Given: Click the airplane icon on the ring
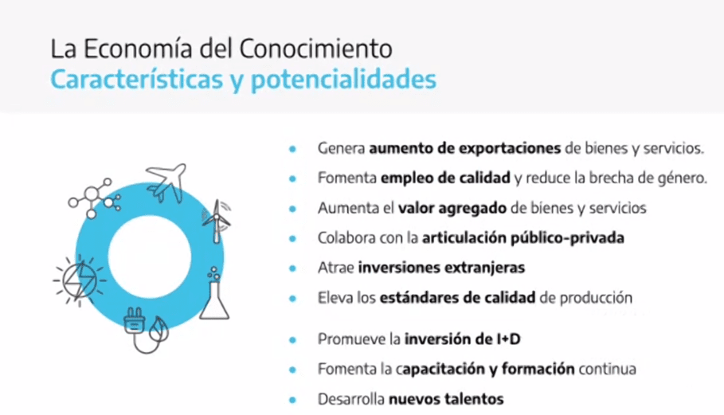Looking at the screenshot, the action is coord(166,182).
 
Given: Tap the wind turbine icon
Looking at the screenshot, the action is coord(217,221).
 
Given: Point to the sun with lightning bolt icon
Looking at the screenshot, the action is coord(80,280).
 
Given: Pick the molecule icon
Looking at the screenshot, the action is coord(94,198).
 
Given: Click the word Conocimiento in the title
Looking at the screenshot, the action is coord(315,49).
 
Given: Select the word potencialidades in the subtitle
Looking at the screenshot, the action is coord(343,80).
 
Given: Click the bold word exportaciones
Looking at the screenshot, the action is coord(510,149).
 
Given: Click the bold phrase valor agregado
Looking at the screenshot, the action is coord(452,209).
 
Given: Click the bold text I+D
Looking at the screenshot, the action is coord(508,339).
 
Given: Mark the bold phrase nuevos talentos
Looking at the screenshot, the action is coord(446,399).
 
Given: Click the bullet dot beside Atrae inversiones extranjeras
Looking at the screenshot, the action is coord(292,268).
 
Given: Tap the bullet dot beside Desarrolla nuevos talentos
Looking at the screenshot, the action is coord(292,399).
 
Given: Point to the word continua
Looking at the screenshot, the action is coord(607,370).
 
